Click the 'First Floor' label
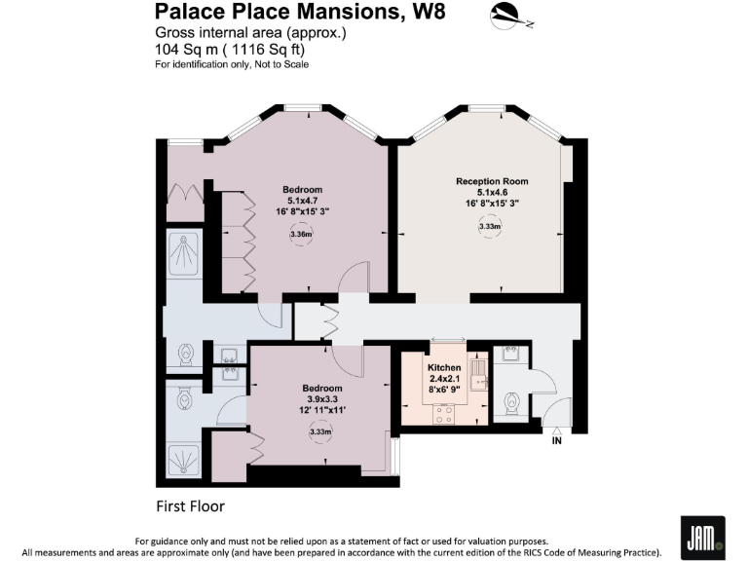coord(192,506)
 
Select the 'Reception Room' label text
coord(491,182)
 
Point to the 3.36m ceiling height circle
coord(301,235)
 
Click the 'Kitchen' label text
coord(444,368)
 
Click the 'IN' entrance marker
coord(558,441)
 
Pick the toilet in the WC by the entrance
coord(509,402)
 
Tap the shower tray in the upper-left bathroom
coord(182,255)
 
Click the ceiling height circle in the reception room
coord(490,227)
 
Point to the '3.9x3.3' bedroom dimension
coord(321,398)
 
